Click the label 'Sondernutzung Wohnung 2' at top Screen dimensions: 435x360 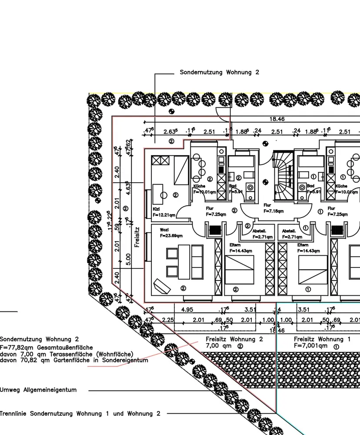(219, 72)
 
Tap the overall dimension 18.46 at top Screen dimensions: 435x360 (277, 119)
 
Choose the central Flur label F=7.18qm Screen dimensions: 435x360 (273, 211)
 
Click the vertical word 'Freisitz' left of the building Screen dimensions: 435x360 (137, 237)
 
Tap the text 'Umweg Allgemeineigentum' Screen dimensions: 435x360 (38, 390)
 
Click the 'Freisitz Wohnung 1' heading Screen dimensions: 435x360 (322, 339)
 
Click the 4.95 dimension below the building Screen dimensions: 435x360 (187, 310)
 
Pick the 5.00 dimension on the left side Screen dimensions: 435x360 (128, 259)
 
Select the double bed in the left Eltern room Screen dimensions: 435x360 (239, 270)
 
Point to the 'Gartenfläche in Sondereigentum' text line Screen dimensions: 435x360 (74, 360)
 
